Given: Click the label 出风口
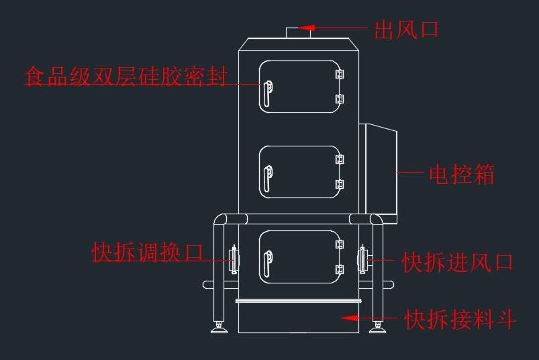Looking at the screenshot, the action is point(406,30).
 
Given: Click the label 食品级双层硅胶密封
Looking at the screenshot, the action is point(126,76).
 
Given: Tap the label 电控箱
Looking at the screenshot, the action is point(462,175).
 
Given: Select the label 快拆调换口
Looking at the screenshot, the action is point(148,252).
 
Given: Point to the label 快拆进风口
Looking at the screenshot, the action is point(458,263).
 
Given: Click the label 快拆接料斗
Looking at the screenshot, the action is point(460,319).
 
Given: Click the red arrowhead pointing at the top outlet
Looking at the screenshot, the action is point(307,28).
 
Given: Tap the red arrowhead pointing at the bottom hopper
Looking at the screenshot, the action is point(350,318).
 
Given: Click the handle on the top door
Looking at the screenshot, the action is point(268,93).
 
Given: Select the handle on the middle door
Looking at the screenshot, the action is point(268,179).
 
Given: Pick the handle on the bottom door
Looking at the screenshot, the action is point(268,264).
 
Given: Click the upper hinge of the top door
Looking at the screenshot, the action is point(340,75).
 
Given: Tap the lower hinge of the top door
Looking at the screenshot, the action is point(340,99).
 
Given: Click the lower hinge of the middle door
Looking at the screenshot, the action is point(340,184).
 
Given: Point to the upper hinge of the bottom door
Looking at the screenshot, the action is point(340,244).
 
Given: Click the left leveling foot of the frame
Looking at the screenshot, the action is point(219,327).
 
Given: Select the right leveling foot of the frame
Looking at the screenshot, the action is point(377,327).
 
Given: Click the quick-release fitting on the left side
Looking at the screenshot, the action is point(234,260).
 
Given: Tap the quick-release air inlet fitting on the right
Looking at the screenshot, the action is point(362,260).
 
